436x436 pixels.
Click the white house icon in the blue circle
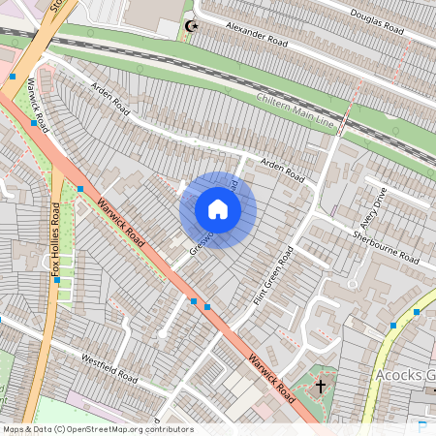coord(218,209)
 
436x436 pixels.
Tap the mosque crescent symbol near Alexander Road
coord(191,26)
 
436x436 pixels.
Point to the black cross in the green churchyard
coord(321,387)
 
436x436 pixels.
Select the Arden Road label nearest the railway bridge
coord(109,94)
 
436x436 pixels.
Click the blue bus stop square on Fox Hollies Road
coord(57,279)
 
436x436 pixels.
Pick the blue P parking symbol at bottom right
coord(421,425)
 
